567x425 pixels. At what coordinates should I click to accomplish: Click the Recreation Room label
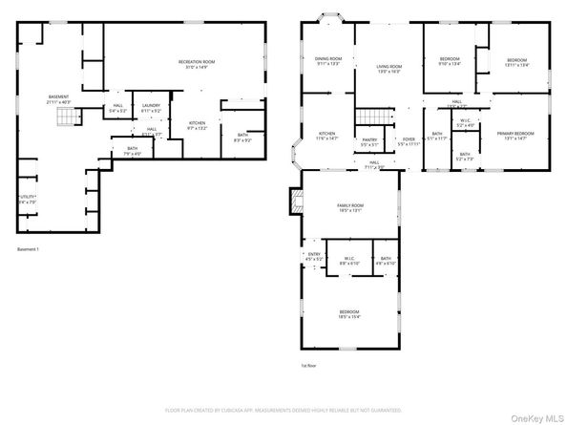pyautogui.click(x=197, y=65)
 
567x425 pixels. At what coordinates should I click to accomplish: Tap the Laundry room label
pyautogui.click(x=151, y=108)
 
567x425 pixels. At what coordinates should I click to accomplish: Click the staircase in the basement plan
pyautogui.click(x=65, y=117)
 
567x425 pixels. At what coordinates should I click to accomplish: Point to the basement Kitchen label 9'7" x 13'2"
pyautogui.click(x=197, y=125)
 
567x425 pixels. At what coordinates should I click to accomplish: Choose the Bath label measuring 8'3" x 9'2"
pyautogui.click(x=242, y=138)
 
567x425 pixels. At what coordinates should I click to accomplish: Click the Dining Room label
pyautogui.click(x=328, y=62)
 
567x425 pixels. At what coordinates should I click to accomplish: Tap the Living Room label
pyautogui.click(x=388, y=68)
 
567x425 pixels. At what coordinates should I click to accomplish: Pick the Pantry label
pyautogui.click(x=369, y=141)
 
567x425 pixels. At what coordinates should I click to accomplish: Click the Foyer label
pyautogui.click(x=409, y=141)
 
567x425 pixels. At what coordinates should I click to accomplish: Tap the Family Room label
pyautogui.click(x=349, y=208)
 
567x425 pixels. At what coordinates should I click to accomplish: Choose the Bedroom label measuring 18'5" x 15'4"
pyautogui.click(x=349, y=314)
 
